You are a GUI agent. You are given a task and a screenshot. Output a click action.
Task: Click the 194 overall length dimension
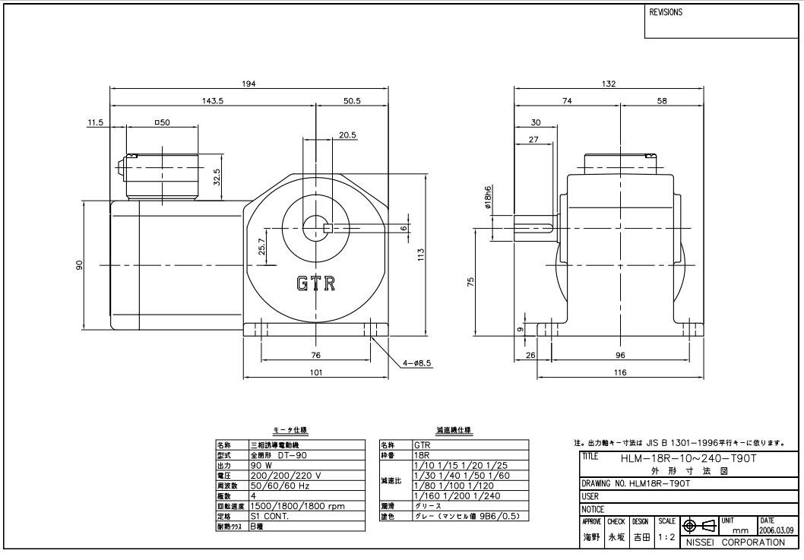(248, 83)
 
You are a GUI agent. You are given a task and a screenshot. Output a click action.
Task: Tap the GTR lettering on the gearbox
(315, 283)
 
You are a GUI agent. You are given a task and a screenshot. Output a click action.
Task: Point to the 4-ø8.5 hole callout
(416, 363)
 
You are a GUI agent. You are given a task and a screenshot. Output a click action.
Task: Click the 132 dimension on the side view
(609, 83)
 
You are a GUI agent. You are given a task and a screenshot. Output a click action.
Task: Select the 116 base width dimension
(619, 373)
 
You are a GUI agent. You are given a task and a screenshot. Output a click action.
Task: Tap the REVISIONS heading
(666, 13)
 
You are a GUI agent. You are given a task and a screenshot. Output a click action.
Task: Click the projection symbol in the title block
(700, 526)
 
